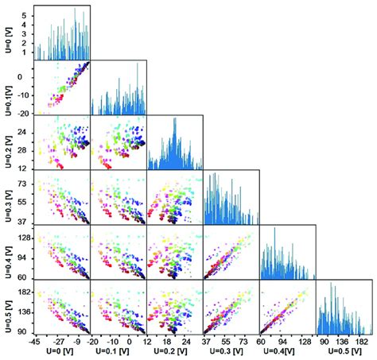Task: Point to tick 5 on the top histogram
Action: coord(26,14)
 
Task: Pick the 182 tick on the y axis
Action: coord(25,293)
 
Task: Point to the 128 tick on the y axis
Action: coord(24,238)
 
